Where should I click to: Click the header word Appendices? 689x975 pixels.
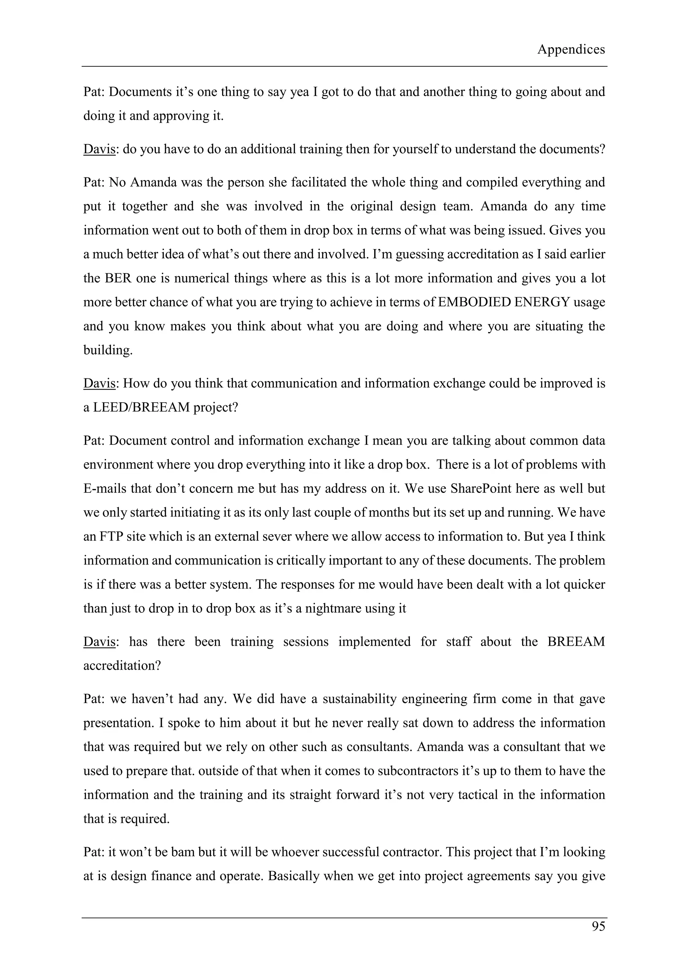point(571,50)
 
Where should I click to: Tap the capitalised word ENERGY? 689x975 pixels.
point(542,302)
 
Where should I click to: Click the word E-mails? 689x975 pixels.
point(104,489)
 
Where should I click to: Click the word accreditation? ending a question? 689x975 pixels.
point(122,665)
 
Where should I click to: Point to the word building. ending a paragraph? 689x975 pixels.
point(108,350)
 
